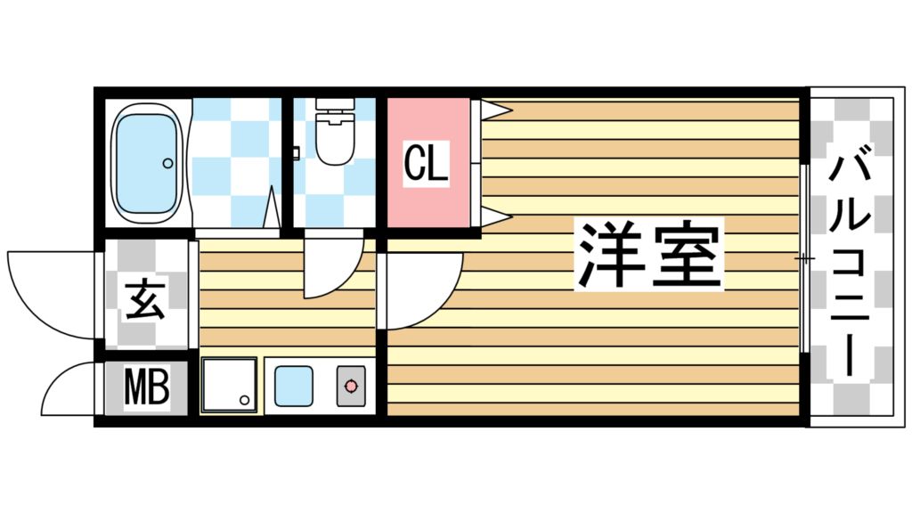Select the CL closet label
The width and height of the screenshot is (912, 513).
point(426,164)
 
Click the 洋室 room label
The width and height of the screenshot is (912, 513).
point(649,253)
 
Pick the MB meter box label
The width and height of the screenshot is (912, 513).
point(146,389)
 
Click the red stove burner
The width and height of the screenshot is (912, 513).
point(351,386)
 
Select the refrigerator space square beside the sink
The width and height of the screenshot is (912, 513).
point(229,385)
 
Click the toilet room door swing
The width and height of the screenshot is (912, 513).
point(331,267)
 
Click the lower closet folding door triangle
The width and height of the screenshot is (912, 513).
point(494,216)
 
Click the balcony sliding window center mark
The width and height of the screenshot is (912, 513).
point(804,258)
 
